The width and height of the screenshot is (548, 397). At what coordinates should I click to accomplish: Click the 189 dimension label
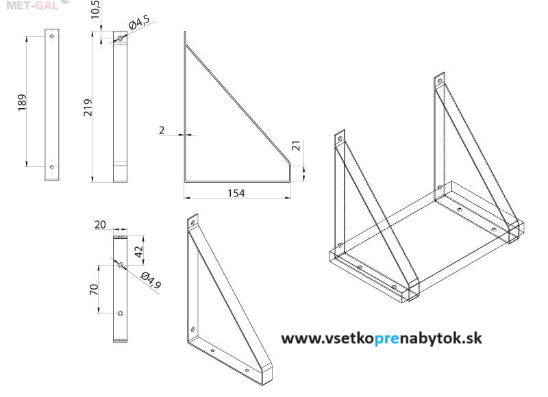coord(22,102)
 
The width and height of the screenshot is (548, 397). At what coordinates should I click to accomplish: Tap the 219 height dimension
coord(88,107)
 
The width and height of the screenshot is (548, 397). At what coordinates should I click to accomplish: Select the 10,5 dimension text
coord(95,9)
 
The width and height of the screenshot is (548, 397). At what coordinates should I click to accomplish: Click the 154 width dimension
coord(236,193)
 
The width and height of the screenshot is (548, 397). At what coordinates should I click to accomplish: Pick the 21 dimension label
coord(296,145)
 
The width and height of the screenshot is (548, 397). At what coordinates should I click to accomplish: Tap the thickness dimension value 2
coord(162,130)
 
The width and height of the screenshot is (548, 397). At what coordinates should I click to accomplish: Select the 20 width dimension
coord(100,225)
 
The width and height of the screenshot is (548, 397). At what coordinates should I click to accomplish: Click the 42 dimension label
coord(139,251)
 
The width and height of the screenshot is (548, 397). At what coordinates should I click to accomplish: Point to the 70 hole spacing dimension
coord(94,289)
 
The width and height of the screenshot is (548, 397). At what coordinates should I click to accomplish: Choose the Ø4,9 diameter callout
coord(151,281)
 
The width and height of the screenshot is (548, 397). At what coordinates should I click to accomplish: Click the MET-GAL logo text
coord(32,5)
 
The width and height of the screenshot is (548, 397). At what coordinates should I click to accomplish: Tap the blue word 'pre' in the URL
coord(386,339)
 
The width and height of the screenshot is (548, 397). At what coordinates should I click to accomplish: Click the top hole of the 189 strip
coord(52,36)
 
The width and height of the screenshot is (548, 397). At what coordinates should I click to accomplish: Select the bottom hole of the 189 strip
coord(52,167)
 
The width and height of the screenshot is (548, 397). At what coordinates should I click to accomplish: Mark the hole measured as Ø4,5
coord(121,38)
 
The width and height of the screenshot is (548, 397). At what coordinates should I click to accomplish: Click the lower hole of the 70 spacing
coord(121,313)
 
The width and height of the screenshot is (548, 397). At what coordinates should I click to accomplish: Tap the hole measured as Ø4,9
coord(121,265)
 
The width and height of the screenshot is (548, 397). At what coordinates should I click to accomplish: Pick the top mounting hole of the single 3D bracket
coord(192,222)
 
